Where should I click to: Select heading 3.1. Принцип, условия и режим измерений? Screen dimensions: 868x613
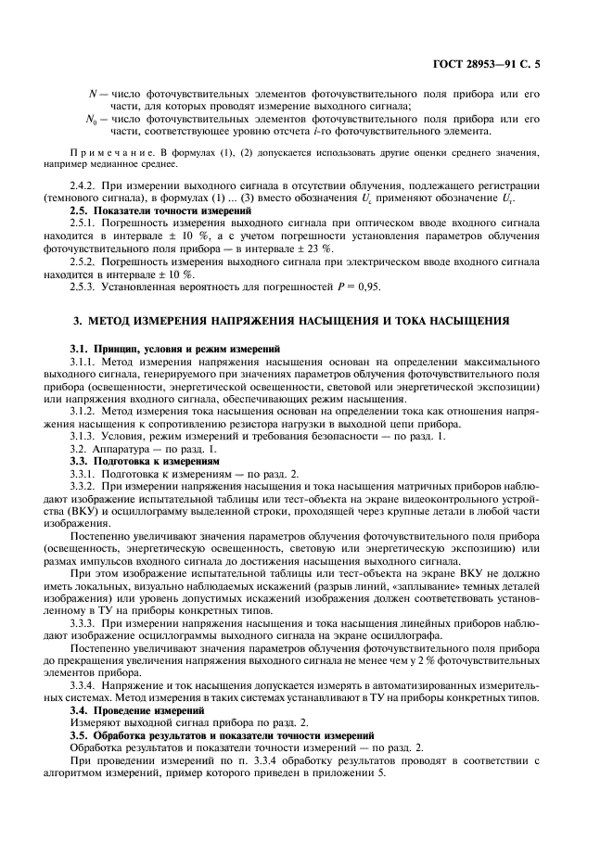(x=174, y=348)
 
